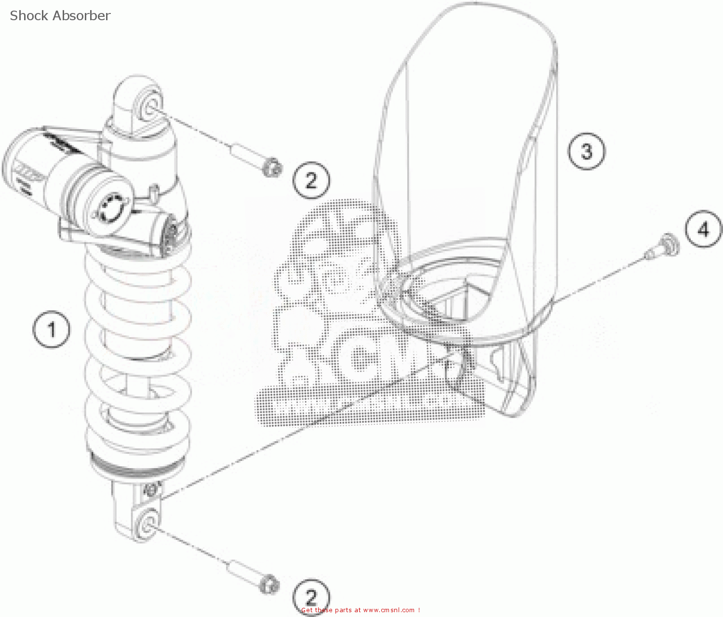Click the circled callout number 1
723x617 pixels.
coord(51,330)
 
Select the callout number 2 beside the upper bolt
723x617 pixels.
coord(311,181)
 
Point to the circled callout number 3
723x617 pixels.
coord(586,151)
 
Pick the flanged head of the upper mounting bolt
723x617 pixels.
coord(272,168)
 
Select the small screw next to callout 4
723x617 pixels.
coord(665,243)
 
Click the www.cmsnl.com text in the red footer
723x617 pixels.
coord(388,610)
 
